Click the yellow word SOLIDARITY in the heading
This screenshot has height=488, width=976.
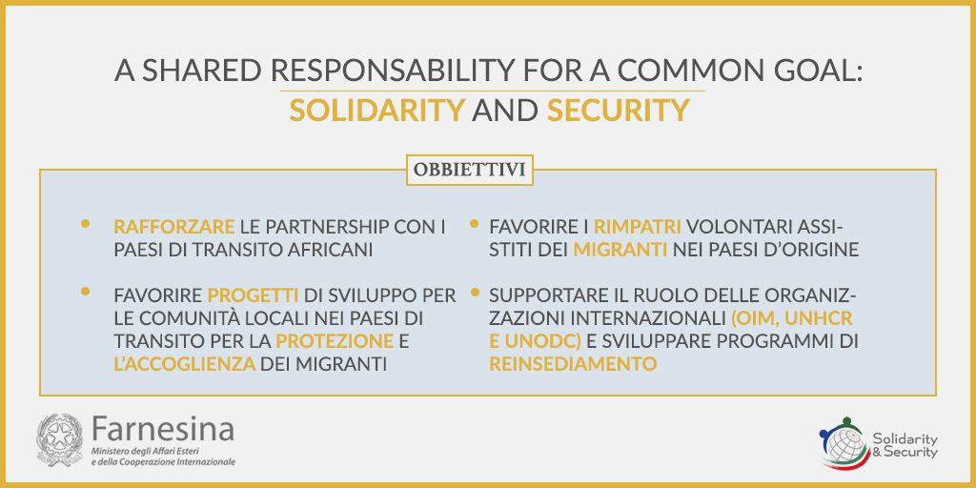tap(377, 111)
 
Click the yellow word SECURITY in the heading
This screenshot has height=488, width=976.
tap(618, 111)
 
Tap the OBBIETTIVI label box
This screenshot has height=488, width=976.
tap(470, 170)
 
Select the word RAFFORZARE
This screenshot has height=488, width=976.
tap(174, 227)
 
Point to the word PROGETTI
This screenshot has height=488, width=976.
tap(254, 295)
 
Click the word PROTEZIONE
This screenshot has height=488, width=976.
tap(335, 341)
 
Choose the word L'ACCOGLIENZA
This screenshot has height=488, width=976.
tap(185, 364)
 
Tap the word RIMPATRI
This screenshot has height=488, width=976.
tap(638, 227)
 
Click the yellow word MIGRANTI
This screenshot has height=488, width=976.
tap(620, 250)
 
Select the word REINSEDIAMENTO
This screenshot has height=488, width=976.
tap(573, 364)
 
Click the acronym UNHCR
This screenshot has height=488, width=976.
tap(819, 318)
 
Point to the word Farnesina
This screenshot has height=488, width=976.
tap(163, 429)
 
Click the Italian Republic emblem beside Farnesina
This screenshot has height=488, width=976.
tap(60, 440)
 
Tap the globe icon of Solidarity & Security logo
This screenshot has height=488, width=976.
tap(844, 444)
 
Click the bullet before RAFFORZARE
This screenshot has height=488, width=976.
tap(85, 223)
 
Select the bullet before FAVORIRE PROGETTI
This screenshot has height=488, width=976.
tap(85, 291)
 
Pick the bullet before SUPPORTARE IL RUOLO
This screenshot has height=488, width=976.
tap(475, 291)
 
